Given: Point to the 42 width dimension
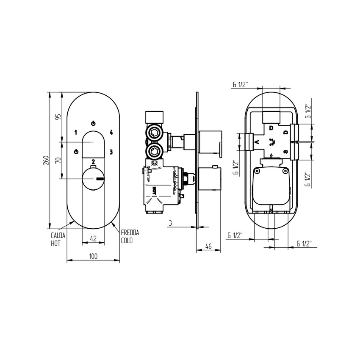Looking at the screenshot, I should coord(94,239).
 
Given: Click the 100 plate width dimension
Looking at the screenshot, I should coord(93,256).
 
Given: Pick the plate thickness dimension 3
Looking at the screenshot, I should coord(170,223).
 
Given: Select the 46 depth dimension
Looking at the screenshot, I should coord(208,246).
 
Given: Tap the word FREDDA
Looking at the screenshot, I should coord(130,233).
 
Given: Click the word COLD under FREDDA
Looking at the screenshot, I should coord(127,240).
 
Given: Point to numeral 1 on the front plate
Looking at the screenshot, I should coord(75,132).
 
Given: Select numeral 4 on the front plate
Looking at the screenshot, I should coord(111,132).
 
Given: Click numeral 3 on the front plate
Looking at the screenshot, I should coord(111,151).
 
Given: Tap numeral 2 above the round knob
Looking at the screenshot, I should coord(93,162).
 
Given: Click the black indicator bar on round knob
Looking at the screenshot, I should coord(100,179).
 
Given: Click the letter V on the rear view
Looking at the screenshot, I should coord(256,142).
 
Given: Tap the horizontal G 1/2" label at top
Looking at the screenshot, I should coord(239,84).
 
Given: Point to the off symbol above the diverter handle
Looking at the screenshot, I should coord(93,124).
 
